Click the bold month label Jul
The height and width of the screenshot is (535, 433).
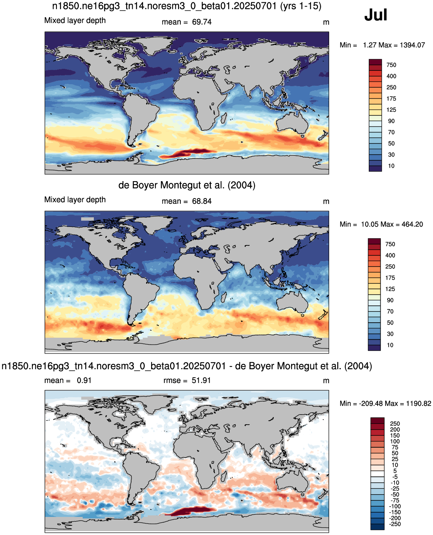375,15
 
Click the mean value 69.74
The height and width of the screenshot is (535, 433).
202,22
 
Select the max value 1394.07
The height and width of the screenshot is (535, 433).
412,45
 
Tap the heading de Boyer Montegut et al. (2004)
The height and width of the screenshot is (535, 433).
187,185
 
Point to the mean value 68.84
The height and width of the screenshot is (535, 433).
202,201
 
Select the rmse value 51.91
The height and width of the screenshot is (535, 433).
201,380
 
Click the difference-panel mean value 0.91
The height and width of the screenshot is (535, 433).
84,380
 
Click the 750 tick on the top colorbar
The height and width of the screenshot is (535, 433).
391,65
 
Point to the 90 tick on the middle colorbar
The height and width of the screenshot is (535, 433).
390,300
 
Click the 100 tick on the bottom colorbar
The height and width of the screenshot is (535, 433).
395,442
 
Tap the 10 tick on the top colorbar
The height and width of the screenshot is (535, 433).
391,166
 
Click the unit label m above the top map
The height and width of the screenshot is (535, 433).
326,23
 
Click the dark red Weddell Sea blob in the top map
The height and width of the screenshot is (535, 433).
187,153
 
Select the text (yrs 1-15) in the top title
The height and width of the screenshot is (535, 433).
301,6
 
